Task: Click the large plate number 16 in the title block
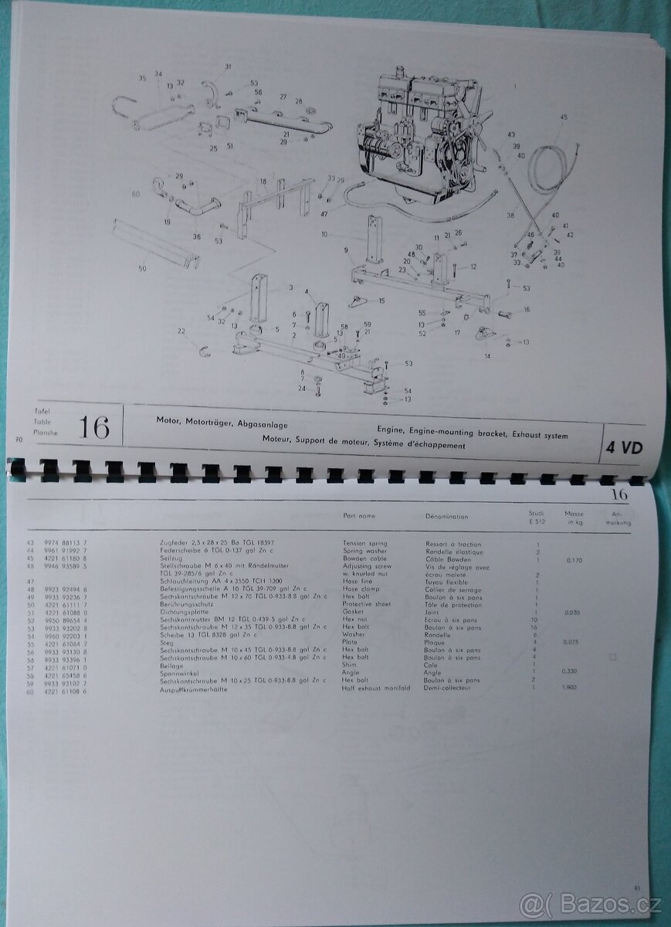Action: point(93,427)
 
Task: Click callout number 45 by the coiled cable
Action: point(563,117)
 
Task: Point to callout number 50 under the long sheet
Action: point(142,268)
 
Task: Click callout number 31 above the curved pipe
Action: point(228,67)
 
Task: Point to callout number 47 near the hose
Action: point(324,213)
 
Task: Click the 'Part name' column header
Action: point(359,515)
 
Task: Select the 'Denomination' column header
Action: point(447,515)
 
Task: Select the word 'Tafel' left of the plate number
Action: point(41,411)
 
